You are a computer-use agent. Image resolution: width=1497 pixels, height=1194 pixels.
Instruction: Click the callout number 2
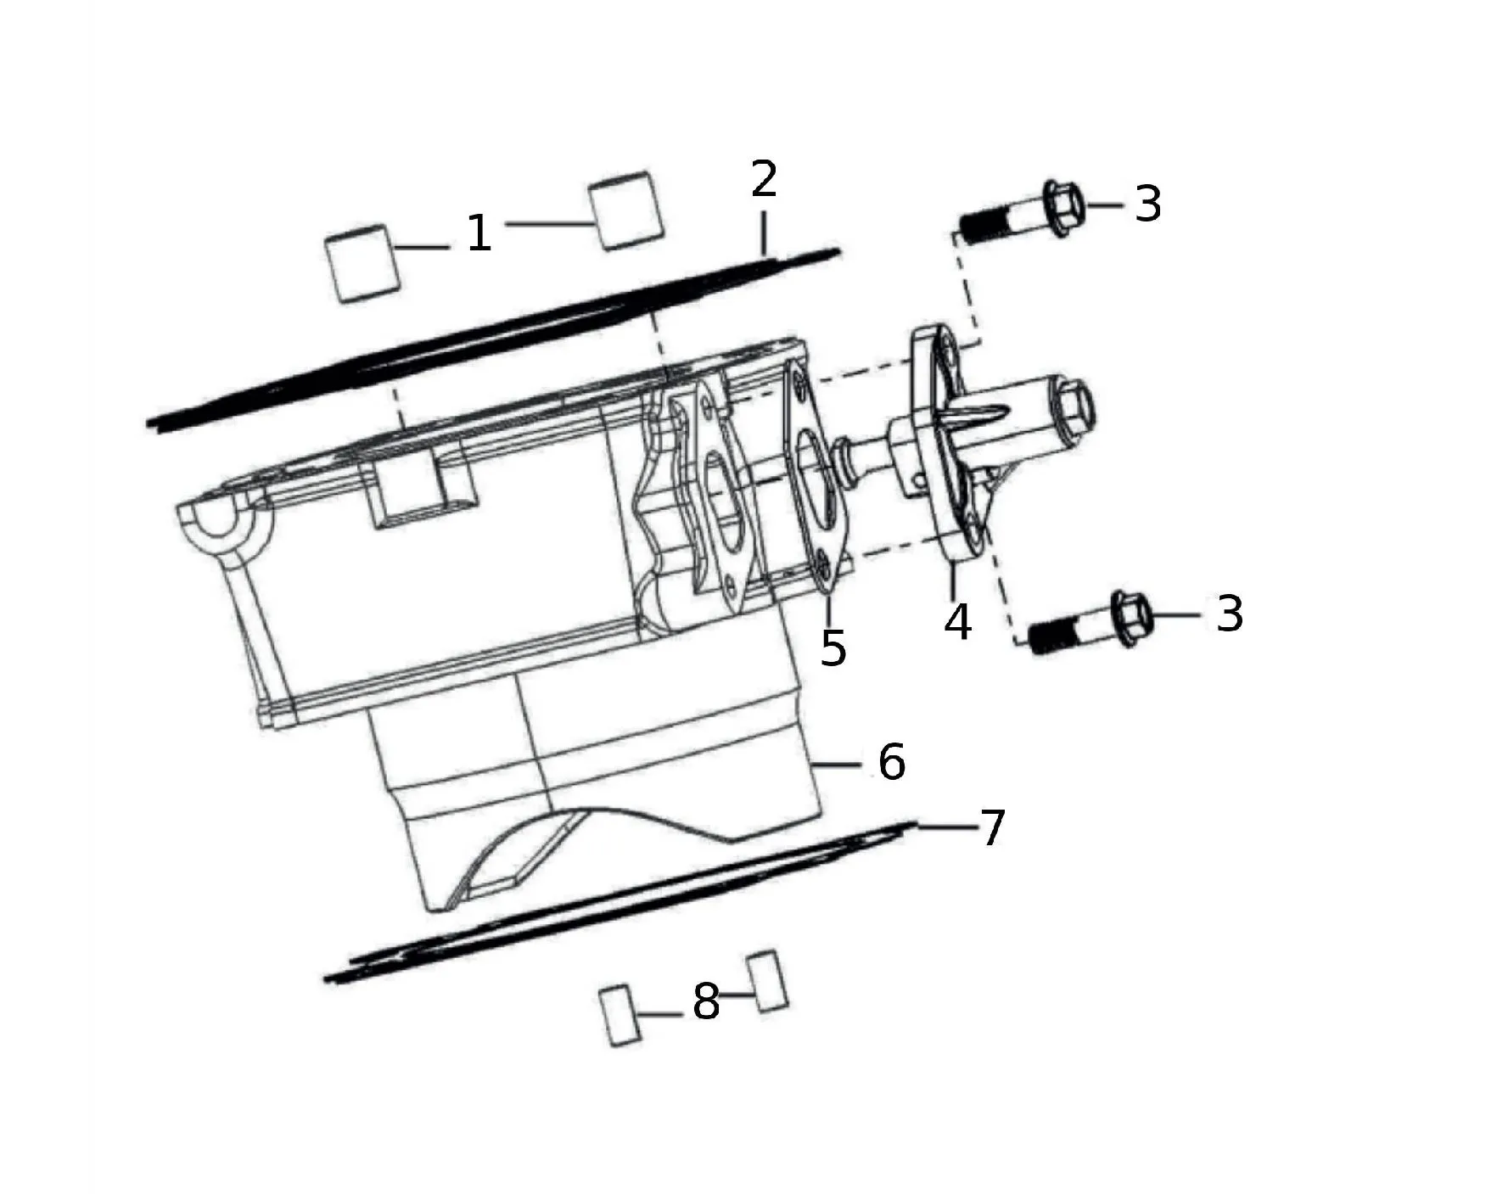tap(764, 178)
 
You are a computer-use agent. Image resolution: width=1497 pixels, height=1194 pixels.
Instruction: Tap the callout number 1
tap(479, 233)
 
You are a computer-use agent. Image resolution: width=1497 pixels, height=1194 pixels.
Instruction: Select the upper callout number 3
tap(1147, 204)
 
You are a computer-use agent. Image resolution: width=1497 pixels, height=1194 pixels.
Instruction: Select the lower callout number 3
tap(1230, 613)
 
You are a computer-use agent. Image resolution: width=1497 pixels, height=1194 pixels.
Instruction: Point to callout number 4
tap(958, 622)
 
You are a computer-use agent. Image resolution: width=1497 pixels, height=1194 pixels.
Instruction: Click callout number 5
tap(833, 647)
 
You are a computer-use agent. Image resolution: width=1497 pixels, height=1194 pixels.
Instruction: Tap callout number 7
tap(992, 827)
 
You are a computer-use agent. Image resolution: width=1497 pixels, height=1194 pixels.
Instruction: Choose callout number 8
tap(706, 1001)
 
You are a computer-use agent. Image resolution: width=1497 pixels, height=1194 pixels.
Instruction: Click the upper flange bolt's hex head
tap(1062, 207)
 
